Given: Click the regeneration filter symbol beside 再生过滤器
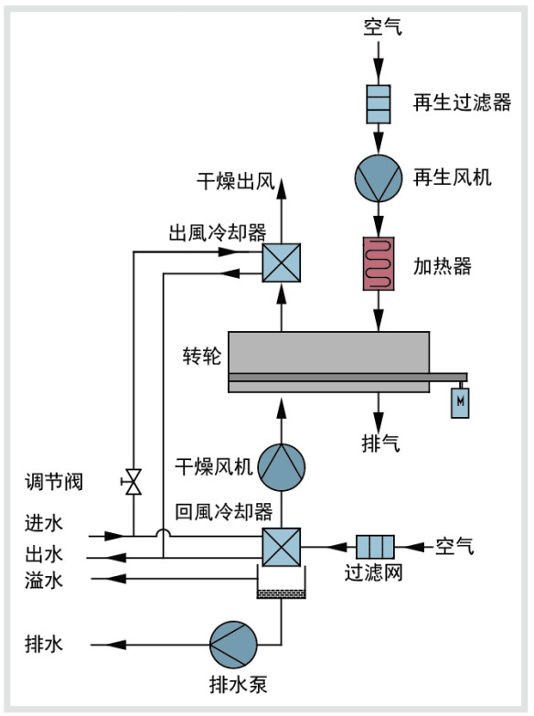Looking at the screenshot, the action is [379, 104].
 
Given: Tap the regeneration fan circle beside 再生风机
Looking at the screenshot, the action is [379, 178].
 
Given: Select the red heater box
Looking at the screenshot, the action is [379, 263].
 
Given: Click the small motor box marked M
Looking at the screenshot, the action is [460, 402].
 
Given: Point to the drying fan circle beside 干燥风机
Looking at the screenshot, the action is [282, 467].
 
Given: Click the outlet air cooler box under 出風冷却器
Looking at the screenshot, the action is [282, 262].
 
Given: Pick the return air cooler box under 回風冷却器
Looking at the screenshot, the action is [282, 547].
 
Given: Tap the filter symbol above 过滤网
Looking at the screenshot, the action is [375, 547].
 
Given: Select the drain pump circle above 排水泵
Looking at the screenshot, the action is [233, 645].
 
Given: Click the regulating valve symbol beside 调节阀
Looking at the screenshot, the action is [133, 482].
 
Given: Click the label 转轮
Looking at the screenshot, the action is [202, 357].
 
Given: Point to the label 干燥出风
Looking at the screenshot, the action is [236, 181].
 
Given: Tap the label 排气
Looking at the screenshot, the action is [380, 443].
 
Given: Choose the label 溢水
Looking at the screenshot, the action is [44, 581].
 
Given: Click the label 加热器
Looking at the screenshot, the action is [443, 266].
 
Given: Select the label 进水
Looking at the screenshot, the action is [44, 523].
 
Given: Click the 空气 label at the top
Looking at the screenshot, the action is [383, 27].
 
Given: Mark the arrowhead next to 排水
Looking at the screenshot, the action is [116, 645].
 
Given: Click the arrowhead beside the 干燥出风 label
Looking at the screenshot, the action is [282, 188].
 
